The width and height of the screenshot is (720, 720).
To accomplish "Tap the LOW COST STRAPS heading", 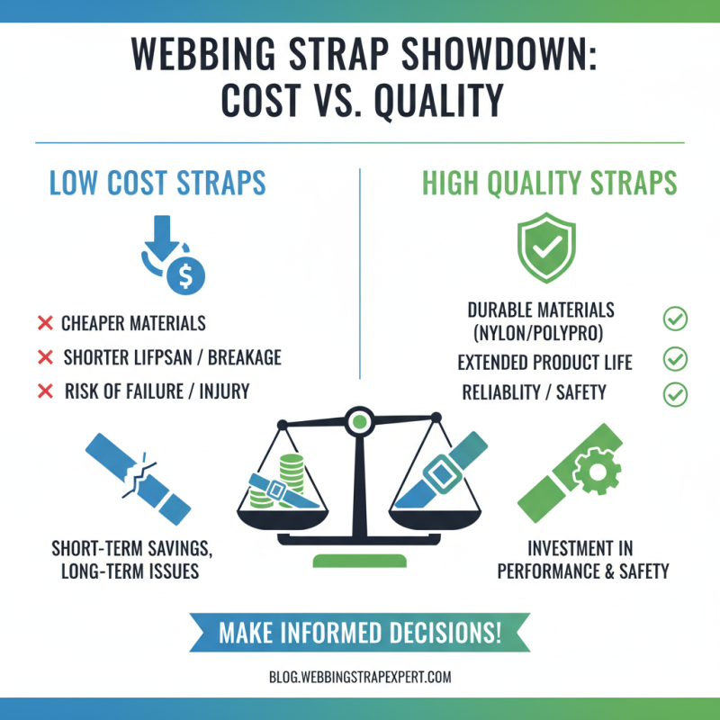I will click(x=157, y=184).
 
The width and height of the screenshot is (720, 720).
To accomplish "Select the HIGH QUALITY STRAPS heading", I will click(x=550, y=184).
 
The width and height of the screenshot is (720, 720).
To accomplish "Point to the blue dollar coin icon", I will click(x=186, y=274).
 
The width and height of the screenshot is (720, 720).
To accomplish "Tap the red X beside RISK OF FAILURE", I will click(x=44, y=391).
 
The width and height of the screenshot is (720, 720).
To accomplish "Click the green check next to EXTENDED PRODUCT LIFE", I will click(x=674, y=361).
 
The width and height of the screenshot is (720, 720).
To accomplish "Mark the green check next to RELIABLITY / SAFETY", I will click(x=674, y=393).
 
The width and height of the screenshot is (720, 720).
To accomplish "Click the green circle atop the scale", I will click(x=360, y=419).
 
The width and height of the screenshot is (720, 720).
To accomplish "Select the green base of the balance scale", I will click(x=360, y=561).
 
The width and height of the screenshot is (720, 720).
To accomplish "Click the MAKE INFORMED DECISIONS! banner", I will click(x=360, y=632).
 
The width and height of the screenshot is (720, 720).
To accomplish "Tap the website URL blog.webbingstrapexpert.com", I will click(x=360, y=678).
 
